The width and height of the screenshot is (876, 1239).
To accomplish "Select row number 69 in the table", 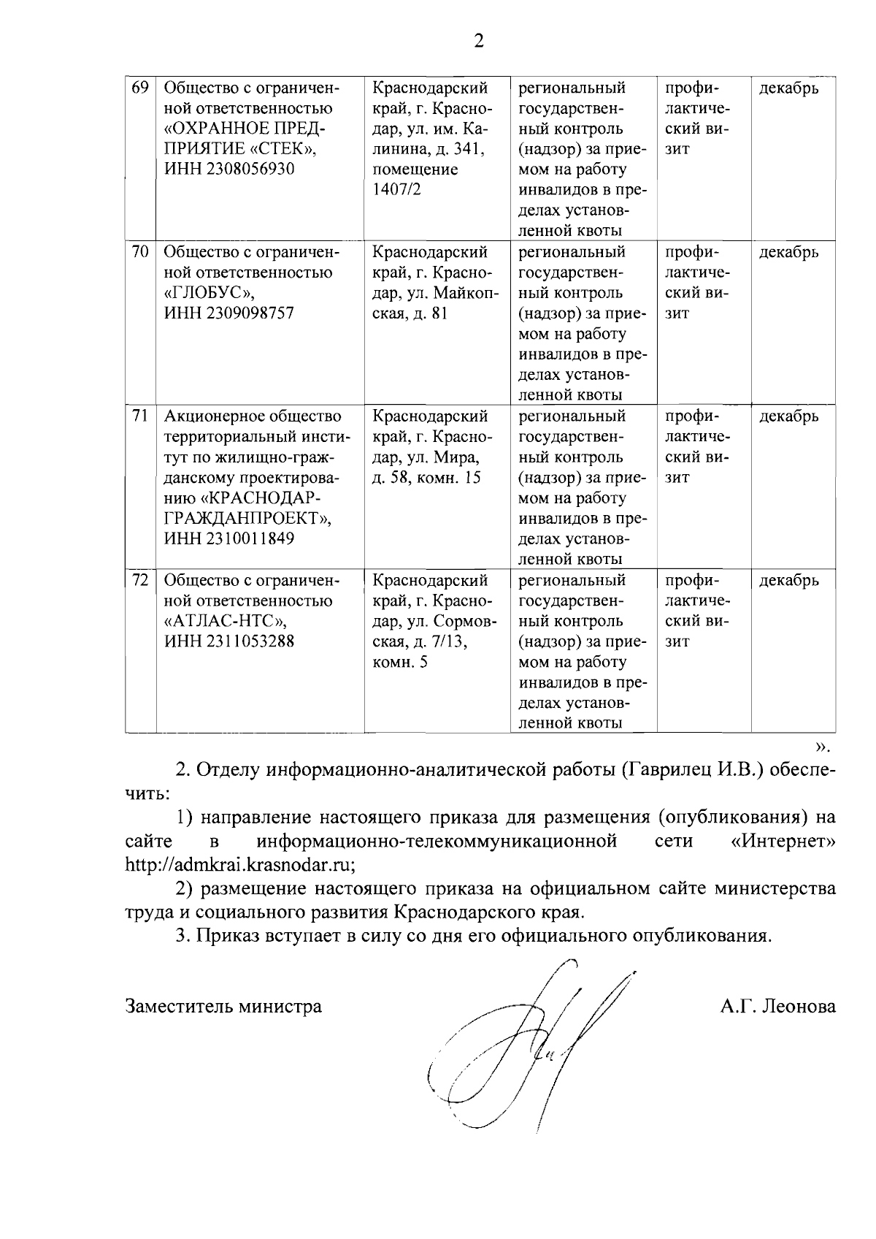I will pyautogui.click(x=139, y=88).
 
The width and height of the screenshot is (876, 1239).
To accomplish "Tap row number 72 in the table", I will pyautogui.click(x=139, y=580).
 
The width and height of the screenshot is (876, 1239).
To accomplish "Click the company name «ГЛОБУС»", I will pyautogui.click(x=209, y=293).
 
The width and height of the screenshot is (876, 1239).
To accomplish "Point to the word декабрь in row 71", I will pyautogui.click(x=788, y=416).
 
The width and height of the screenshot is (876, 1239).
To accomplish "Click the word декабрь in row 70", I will pyautogui.click(x=788, y=252).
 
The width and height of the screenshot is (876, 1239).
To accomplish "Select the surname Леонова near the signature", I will pyautogui.click(x=799, y=1007).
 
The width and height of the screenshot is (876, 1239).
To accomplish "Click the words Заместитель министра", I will pyautogui.click(x=223, y=1007).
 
